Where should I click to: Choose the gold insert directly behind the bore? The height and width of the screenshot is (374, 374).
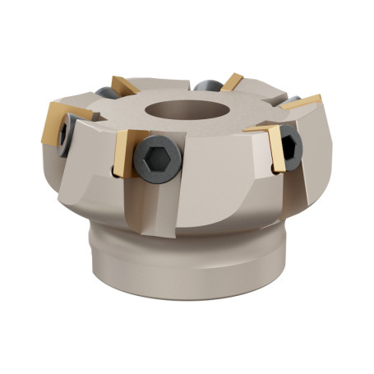(x=233, y=81)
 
